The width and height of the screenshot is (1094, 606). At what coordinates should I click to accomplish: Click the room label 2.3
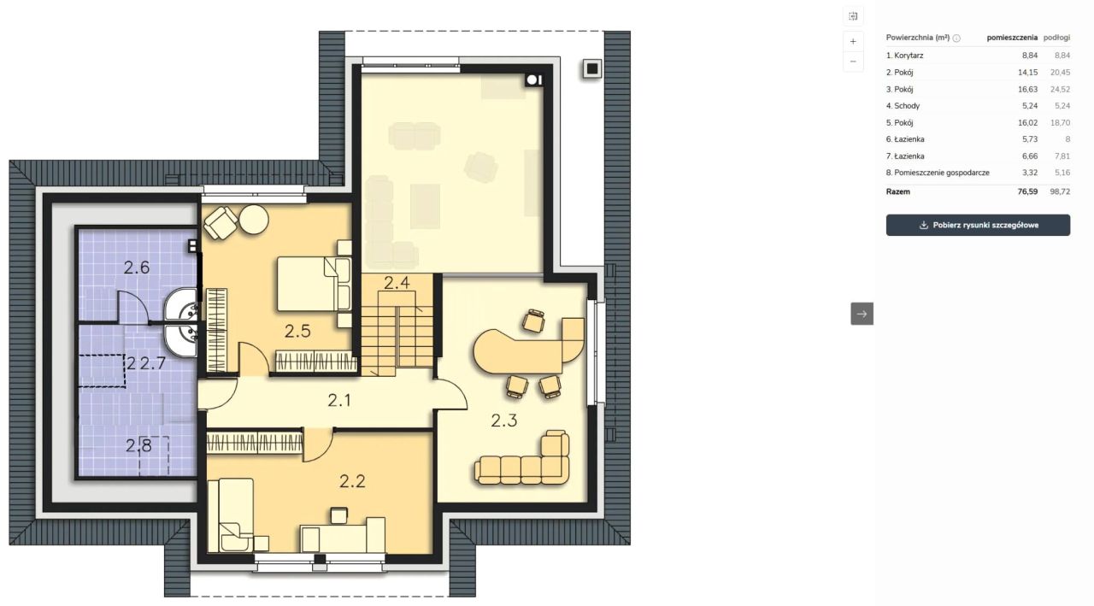[504, 421]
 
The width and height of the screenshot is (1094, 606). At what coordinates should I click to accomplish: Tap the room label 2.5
[298, 332]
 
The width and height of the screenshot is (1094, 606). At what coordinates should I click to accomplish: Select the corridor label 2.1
[339, 400]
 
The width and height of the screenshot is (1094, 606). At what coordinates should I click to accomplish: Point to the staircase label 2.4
[397, 283]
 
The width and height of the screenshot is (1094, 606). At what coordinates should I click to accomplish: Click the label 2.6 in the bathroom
[136, 268]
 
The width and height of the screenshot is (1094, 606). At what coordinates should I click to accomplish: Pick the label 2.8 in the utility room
[138, 445]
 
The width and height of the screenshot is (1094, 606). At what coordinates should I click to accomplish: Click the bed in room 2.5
[314, 285]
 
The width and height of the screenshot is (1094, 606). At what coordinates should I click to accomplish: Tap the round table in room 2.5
[254, 220]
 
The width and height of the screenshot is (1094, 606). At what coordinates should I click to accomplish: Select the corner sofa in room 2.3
[522, 459]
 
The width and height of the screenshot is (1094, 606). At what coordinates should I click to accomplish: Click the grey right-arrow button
[862, 314]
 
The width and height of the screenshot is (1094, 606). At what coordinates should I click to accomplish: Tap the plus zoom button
[853, 42]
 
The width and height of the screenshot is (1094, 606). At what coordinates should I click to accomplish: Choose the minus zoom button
[853, 62]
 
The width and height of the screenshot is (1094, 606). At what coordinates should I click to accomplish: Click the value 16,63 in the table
[1027, 90]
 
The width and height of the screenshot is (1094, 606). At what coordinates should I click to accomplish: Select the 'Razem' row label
[897, 192]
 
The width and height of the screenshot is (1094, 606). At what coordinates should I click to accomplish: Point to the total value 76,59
[1027, 192]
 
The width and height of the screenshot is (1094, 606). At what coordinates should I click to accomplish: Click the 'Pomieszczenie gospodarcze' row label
[942, 173]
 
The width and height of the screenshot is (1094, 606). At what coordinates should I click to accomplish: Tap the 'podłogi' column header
[1057, 38]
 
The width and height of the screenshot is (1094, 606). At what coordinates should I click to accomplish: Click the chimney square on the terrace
[592, 69]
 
